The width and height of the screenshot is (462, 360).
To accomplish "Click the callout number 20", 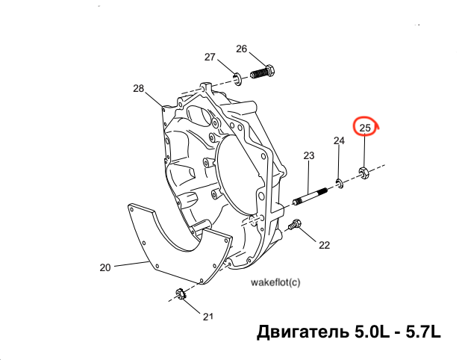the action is click(x=105, y=267).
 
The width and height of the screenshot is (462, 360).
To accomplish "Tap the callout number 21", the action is click(x=207, y=317).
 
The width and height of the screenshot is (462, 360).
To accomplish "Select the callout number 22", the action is click(x=325, y=245).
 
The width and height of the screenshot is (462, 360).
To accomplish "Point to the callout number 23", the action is click(x=309, y=155).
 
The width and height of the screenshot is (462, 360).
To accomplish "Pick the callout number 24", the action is click(x=339, y=140).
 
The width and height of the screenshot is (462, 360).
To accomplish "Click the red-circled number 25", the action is click(x=365, y=128).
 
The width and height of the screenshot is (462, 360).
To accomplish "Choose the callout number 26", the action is click(x=242, y=49).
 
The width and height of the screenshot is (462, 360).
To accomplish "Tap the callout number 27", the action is click(x=210, y=57).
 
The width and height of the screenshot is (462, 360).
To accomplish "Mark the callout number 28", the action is click(x=139, y=88).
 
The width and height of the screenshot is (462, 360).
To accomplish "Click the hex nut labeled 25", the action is click(x=363, y=173).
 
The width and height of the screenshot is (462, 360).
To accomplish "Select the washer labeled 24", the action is click(x=340, y=183).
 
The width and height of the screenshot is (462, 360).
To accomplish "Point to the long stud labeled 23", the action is click(x=310, y=196).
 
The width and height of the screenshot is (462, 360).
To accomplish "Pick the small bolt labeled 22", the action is click(x=295, y=225).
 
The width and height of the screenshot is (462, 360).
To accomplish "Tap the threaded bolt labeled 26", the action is click(x=263, y=72).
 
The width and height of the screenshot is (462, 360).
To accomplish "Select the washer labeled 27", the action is click(x=237, y=79).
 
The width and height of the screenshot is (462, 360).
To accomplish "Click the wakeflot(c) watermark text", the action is click(x=275, y=282).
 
